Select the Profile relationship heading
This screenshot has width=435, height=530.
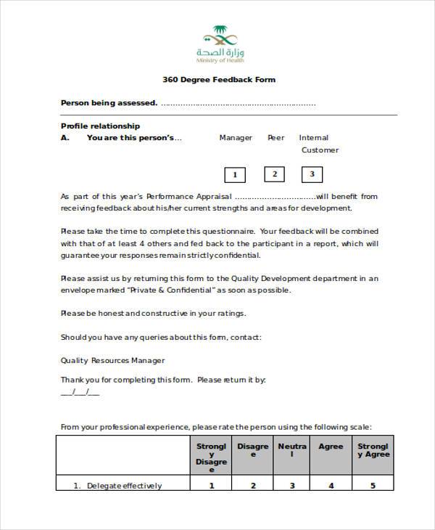pyautogui.click(x=100, y=126)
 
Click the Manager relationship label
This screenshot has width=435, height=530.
pyautogui.click(x=236, y=138)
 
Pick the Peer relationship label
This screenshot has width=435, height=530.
pyautogui.click(x=275, y=138)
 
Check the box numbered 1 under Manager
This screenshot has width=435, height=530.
pyautogui.click(x=235, y=175)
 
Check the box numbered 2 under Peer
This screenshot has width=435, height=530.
pyautogui.click(x=274, y=174)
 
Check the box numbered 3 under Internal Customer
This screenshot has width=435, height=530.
pyautogui.click(x=312, y=174)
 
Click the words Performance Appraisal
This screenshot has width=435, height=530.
pyautogui.click(x=188, y=196)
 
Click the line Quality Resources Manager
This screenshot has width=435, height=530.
pyautogui.click(x=112, y=360)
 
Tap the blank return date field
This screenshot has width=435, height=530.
pyautogui.click(x=80, y=392)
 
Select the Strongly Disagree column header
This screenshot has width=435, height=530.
pyautogui.click(x=211, y=454)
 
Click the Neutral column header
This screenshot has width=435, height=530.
pyautogui.click(x=292, y=451)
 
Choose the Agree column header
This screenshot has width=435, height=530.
pyautogui.click(x=331, y=447)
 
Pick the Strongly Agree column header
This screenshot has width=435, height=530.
pyautogui.click(x=373, y=450)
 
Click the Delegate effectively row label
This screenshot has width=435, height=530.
pyautogui.click(x=124, y=486)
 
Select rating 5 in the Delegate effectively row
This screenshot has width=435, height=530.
pyautogui.click(x=373, y=486)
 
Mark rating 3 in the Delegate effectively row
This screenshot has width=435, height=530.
pyautogui.click(x=292, y=486)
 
